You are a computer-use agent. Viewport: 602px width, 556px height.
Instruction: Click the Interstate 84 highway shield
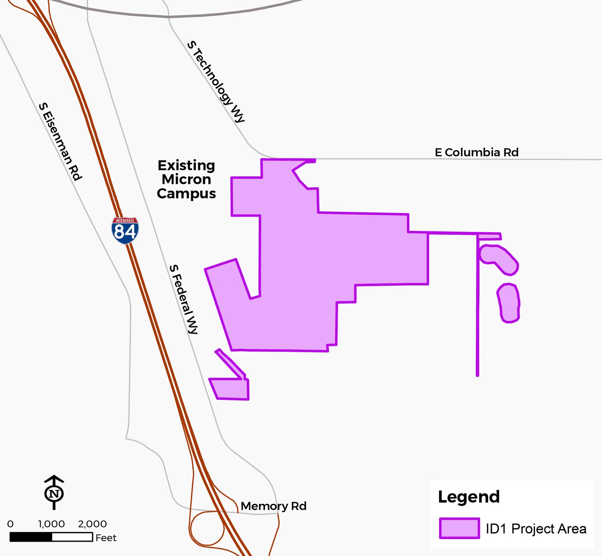125,230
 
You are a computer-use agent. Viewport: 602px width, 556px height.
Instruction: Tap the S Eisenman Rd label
60,141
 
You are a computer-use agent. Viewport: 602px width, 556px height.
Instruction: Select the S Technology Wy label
216,81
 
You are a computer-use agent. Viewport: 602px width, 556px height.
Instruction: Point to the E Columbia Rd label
476,153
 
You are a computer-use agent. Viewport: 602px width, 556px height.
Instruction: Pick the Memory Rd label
273,506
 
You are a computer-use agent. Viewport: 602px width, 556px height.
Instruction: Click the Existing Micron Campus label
186,179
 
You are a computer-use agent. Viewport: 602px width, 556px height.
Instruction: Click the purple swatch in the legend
459,528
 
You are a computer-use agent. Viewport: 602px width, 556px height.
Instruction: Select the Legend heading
469,497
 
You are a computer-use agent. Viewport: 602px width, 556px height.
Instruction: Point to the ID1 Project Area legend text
536,529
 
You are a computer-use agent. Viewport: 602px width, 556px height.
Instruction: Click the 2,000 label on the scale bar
92,524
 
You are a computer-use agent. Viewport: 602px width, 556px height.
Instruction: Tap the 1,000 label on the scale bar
51,524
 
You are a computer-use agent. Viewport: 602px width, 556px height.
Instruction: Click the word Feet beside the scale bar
106,538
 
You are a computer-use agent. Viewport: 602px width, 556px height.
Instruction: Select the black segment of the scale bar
31,537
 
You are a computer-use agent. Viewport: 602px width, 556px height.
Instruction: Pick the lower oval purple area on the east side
508,303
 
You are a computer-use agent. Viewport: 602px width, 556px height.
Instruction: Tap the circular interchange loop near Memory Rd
207,528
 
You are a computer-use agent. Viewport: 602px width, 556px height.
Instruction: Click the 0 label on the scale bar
10,524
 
